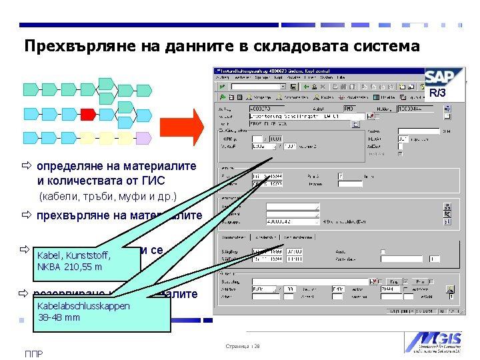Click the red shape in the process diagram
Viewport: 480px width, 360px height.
coord(87,113)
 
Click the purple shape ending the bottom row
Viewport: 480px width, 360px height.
coord(143,138)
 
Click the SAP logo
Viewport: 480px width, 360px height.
coord(443,77)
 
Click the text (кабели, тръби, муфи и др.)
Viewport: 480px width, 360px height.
coord(107,197)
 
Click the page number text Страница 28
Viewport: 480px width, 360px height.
coord(241,347)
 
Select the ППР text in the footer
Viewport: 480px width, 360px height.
coord(34,353)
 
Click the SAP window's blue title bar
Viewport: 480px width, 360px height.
coord(313,70)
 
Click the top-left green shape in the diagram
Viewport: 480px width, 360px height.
coord(30,88)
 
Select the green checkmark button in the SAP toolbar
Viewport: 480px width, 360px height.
coord(221,87)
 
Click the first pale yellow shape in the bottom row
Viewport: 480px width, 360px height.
coord(87,138)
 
